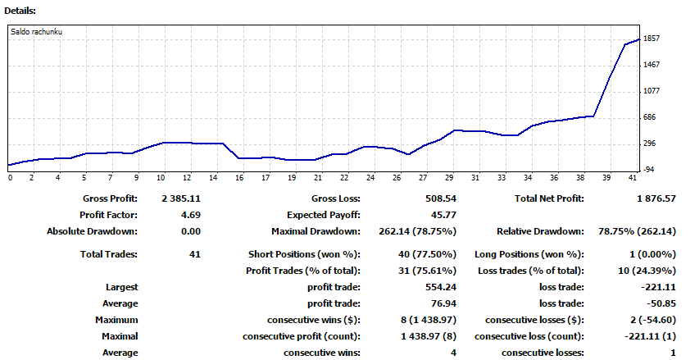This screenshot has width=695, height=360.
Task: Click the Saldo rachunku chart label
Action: point(37,32)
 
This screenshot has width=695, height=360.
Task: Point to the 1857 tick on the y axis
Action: point(652,39)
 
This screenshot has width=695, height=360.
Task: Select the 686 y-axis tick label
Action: point(651,117)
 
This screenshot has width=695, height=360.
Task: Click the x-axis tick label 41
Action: point(632,177)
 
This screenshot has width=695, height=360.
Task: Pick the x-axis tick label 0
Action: point(10,177)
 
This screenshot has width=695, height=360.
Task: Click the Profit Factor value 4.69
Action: point(190,215)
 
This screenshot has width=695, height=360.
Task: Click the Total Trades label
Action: point(109,254)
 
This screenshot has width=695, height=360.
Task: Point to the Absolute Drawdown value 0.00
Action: point(190,231)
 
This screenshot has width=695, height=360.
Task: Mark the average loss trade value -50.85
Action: point(661,303)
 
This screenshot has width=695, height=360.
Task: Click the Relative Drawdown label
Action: point(540,231)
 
